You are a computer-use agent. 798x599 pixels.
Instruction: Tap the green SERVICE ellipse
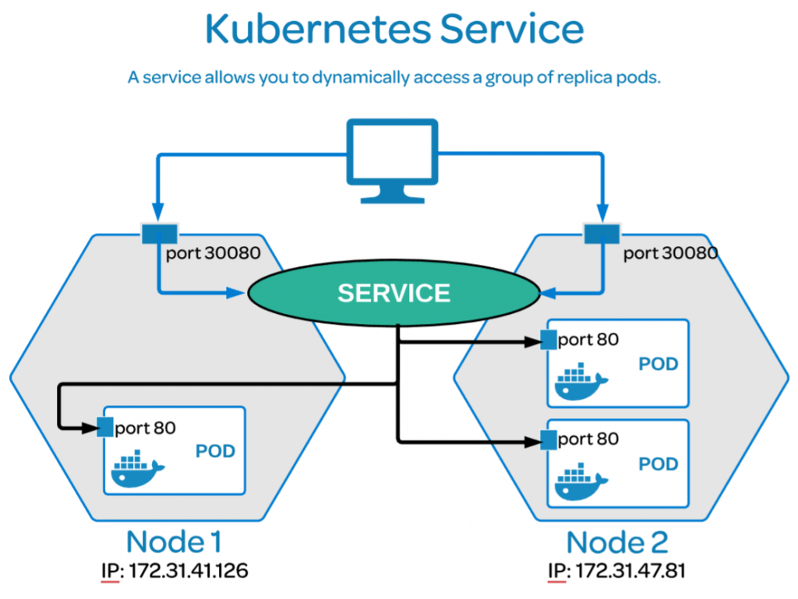(394, 293)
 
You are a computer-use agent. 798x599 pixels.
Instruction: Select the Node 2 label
(617, 541)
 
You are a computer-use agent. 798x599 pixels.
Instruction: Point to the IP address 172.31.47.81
(630, 571)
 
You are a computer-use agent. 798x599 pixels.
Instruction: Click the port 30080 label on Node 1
(213, 253)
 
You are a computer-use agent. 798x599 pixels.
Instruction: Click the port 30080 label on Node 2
(670, 253)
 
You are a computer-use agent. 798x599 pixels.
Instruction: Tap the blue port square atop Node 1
(159, 231)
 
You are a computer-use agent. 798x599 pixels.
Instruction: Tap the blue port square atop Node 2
(601, 231)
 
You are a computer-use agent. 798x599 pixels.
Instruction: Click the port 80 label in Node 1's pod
(145, 428)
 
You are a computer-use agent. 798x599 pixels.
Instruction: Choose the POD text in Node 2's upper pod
(659, 364)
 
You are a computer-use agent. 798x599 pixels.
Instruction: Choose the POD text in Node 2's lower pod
(659, 464)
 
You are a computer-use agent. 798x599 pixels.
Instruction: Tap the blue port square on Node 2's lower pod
(549, 440)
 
